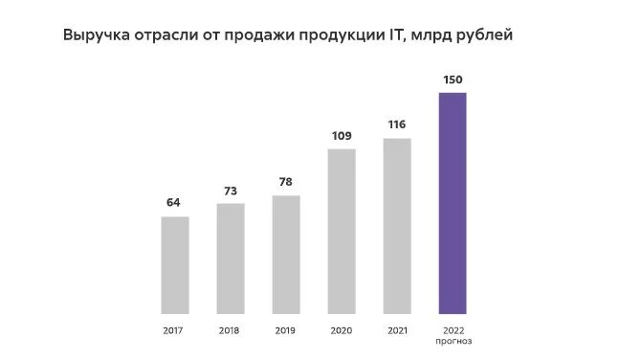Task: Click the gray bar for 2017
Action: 175,264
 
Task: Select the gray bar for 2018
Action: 231,258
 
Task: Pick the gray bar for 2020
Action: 342,231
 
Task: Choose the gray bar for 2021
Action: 397,226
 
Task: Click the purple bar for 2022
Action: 453,203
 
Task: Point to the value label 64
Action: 174,202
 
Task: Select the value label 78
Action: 286,181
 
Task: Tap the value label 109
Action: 342,135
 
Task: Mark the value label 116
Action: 397,124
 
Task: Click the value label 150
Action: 453,78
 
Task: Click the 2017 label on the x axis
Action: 175,331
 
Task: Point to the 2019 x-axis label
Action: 286,331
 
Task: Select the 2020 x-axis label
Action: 342,331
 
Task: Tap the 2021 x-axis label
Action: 397,331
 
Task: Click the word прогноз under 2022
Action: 453,342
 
